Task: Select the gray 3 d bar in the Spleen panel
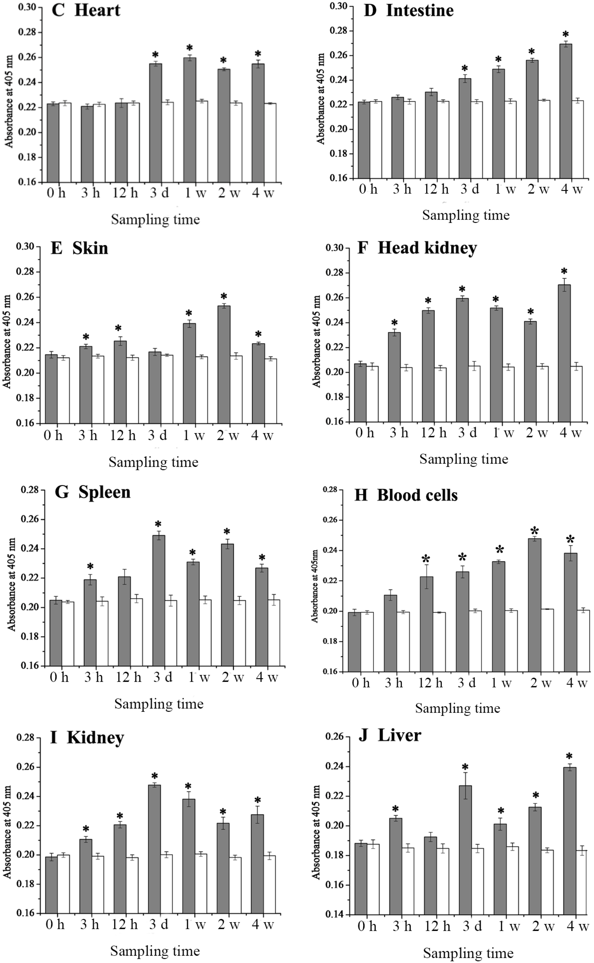point(159,601)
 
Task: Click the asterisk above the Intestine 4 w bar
point(565,34)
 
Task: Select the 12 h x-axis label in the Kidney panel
point(124,925)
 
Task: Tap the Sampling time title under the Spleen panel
point(159,704)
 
